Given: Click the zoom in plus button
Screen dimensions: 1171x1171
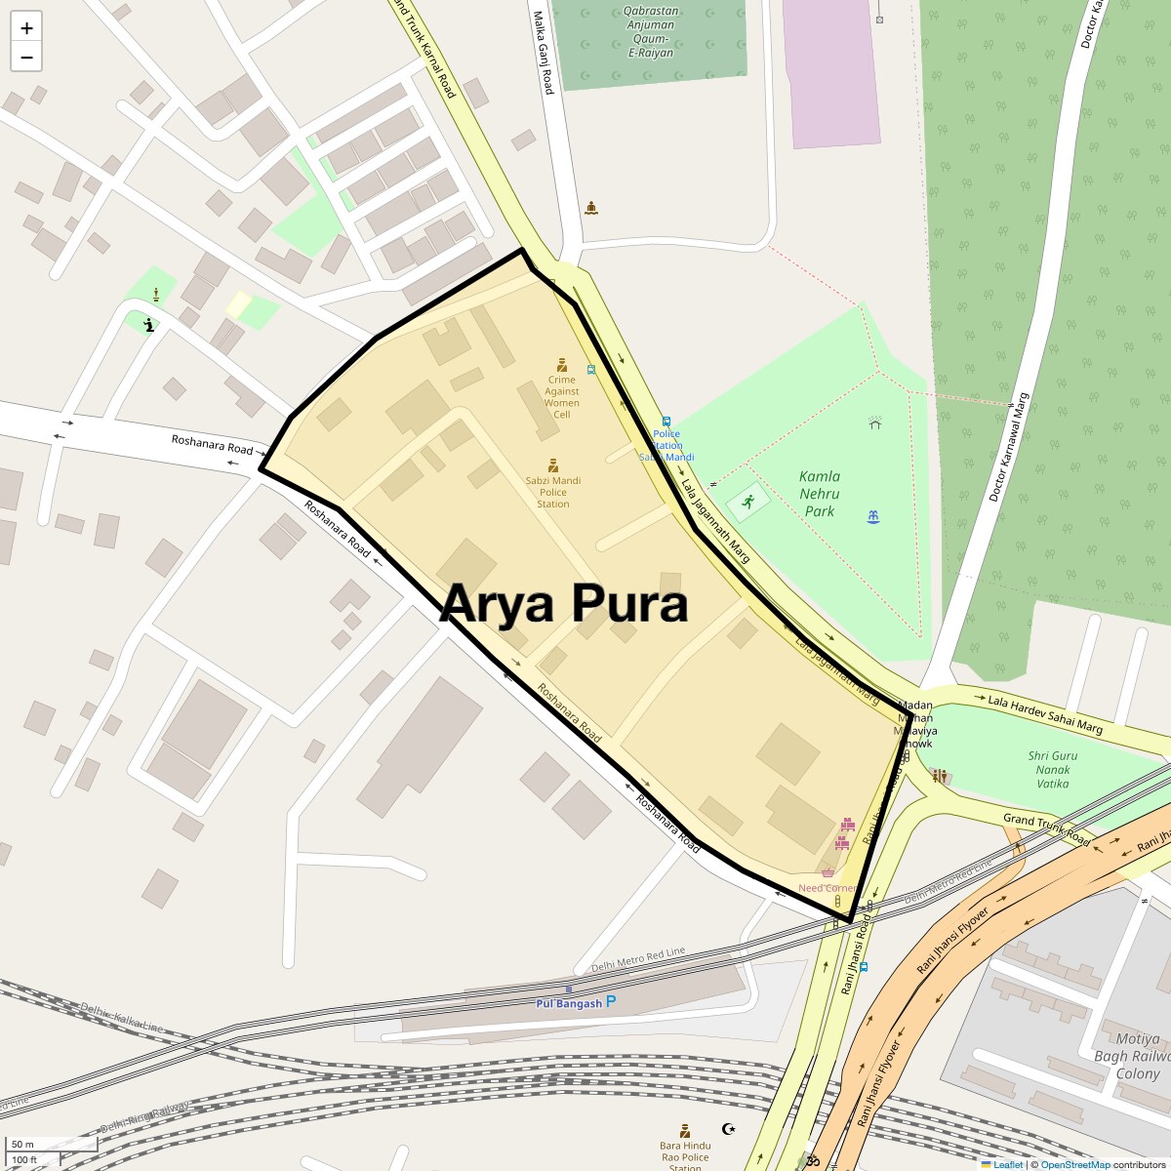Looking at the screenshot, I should (26, 27).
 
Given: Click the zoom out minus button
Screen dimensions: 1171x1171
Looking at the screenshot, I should (26, 57).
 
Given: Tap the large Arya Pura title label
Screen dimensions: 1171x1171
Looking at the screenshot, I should (564, 603).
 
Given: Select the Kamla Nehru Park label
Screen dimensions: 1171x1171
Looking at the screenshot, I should (819, 494).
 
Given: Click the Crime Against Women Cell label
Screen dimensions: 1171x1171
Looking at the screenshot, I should (562, 397).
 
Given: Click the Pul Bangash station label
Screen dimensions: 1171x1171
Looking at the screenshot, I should (569, 1003).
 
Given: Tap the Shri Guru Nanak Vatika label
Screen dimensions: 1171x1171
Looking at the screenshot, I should (1053, 769).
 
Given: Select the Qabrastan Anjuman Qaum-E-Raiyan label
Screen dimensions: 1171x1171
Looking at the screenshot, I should (650, 32).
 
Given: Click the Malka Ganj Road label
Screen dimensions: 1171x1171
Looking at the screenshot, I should (544, 53).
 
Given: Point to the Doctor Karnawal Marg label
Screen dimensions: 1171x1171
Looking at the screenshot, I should (1009, 447).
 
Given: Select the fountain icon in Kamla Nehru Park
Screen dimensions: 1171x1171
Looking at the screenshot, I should (873, 517).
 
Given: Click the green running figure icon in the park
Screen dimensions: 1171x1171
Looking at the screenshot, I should (748, 502).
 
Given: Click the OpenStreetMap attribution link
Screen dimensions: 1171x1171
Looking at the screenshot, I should (1074, 1164).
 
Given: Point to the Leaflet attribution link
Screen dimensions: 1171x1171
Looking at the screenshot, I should (1008, 1164).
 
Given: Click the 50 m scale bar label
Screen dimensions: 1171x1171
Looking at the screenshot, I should (22, 1144).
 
